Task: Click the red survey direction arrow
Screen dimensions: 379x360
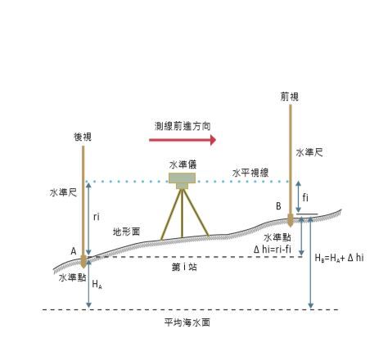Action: pos(183,140)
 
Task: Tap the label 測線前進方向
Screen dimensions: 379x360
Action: pos(183,126)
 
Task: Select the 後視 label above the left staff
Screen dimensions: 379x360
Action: pos(83,137)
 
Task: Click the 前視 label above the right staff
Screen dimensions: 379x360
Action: pos(290,97)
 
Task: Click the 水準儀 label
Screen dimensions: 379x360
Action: pos(183,164)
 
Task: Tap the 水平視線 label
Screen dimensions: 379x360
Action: pos(250,173)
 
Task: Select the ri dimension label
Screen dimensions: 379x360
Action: pos(97,217)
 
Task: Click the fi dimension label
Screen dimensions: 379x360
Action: pos(305,197)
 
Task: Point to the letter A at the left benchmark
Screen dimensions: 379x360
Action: pos(74,251)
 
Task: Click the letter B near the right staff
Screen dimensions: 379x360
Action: pos(278,206)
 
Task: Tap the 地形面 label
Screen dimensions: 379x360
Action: pos(126,232)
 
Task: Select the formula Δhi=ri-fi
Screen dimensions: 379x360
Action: pos(273,249)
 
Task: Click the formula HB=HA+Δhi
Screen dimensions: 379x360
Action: pos(339,258)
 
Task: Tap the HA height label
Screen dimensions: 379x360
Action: pos(97,285)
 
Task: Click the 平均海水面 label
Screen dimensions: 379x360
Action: pos(187,322)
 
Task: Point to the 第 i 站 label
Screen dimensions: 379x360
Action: pos(184,267)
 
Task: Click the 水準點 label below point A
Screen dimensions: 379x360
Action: pos(73,277)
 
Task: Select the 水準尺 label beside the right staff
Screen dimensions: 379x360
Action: pos(309,152)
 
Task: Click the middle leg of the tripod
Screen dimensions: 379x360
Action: pos(182,214)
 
